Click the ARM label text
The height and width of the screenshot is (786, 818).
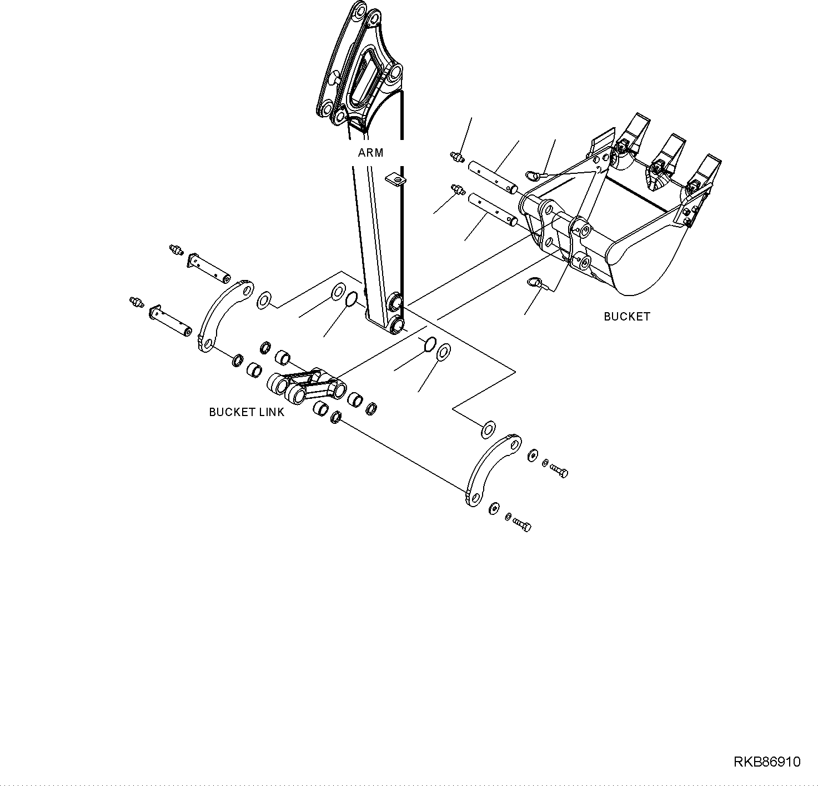tap(370, 153)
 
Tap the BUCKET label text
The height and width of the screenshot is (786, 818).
tap(626, 317)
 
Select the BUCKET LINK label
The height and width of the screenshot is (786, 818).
tap(247, 412)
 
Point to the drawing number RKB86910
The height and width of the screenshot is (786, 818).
tap(767, 762)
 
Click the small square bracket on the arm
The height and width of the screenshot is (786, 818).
tap(395, 179)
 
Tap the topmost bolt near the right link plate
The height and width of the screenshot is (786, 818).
tap(559, 472)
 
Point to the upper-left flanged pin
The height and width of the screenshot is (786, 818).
tap(209, 267)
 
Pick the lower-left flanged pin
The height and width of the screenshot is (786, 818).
tap(170, 319)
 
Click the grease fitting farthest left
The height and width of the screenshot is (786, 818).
tap(136, 302)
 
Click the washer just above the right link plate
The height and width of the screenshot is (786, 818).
tap(488, 429)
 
